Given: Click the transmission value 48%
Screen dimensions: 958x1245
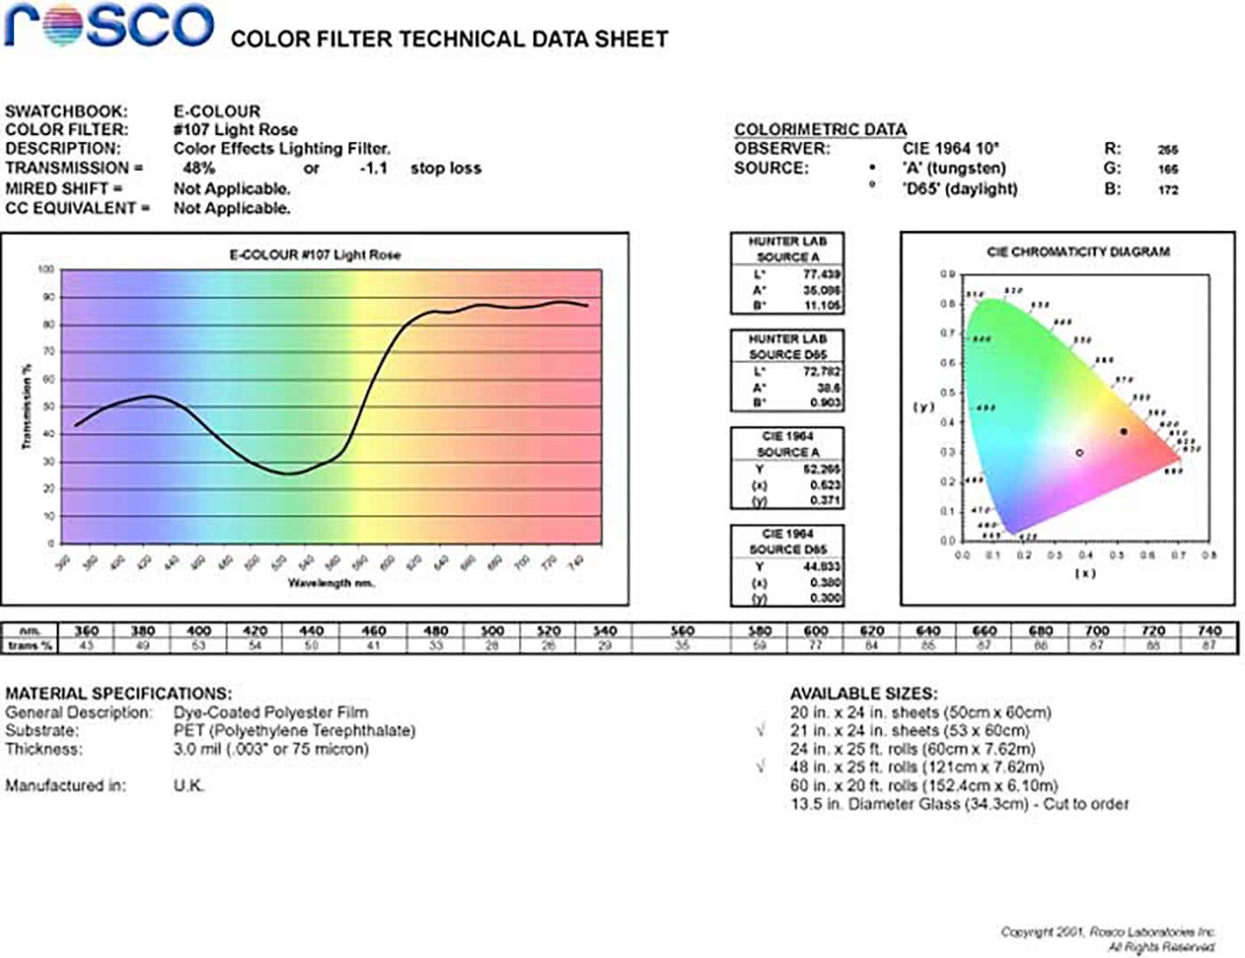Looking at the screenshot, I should [x=198, y=168].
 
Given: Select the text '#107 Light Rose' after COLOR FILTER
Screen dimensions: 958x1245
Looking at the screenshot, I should [x=235, y=130].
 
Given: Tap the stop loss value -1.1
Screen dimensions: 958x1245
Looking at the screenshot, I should [x=373, y=168].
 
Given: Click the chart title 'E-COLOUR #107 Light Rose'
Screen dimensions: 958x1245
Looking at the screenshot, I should [x=315, y=255].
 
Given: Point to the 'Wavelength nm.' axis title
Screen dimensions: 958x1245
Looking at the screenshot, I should [x=331, y=583].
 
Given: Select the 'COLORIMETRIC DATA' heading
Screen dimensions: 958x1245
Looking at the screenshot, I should [x=820, y=130].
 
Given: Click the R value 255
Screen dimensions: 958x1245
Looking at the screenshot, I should [x=1168, y=150].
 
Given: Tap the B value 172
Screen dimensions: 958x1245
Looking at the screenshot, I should [x=1168, y=189].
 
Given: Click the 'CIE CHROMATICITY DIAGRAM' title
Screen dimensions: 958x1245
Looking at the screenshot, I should [x=1078, y=252].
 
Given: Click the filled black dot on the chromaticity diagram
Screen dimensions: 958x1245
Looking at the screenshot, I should [x=1123, y=432].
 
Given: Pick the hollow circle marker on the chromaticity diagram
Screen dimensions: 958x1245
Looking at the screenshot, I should [x=1080, y=453].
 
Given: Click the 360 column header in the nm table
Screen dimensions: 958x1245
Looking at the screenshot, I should [x=86, y=631].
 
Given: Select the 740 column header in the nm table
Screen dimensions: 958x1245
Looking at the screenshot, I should [x=1209, y=631].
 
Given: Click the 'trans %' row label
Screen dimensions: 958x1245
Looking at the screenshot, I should [x=29, y=646].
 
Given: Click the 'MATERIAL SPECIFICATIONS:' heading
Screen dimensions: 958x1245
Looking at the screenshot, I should [x=118, y=693].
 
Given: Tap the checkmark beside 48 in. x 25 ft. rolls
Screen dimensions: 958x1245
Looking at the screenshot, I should [x=760, y=767].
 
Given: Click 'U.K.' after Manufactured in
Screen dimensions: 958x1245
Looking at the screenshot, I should [x=189, y=786].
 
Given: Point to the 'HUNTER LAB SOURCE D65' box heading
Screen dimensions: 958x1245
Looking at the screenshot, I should [x=787, y=347].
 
